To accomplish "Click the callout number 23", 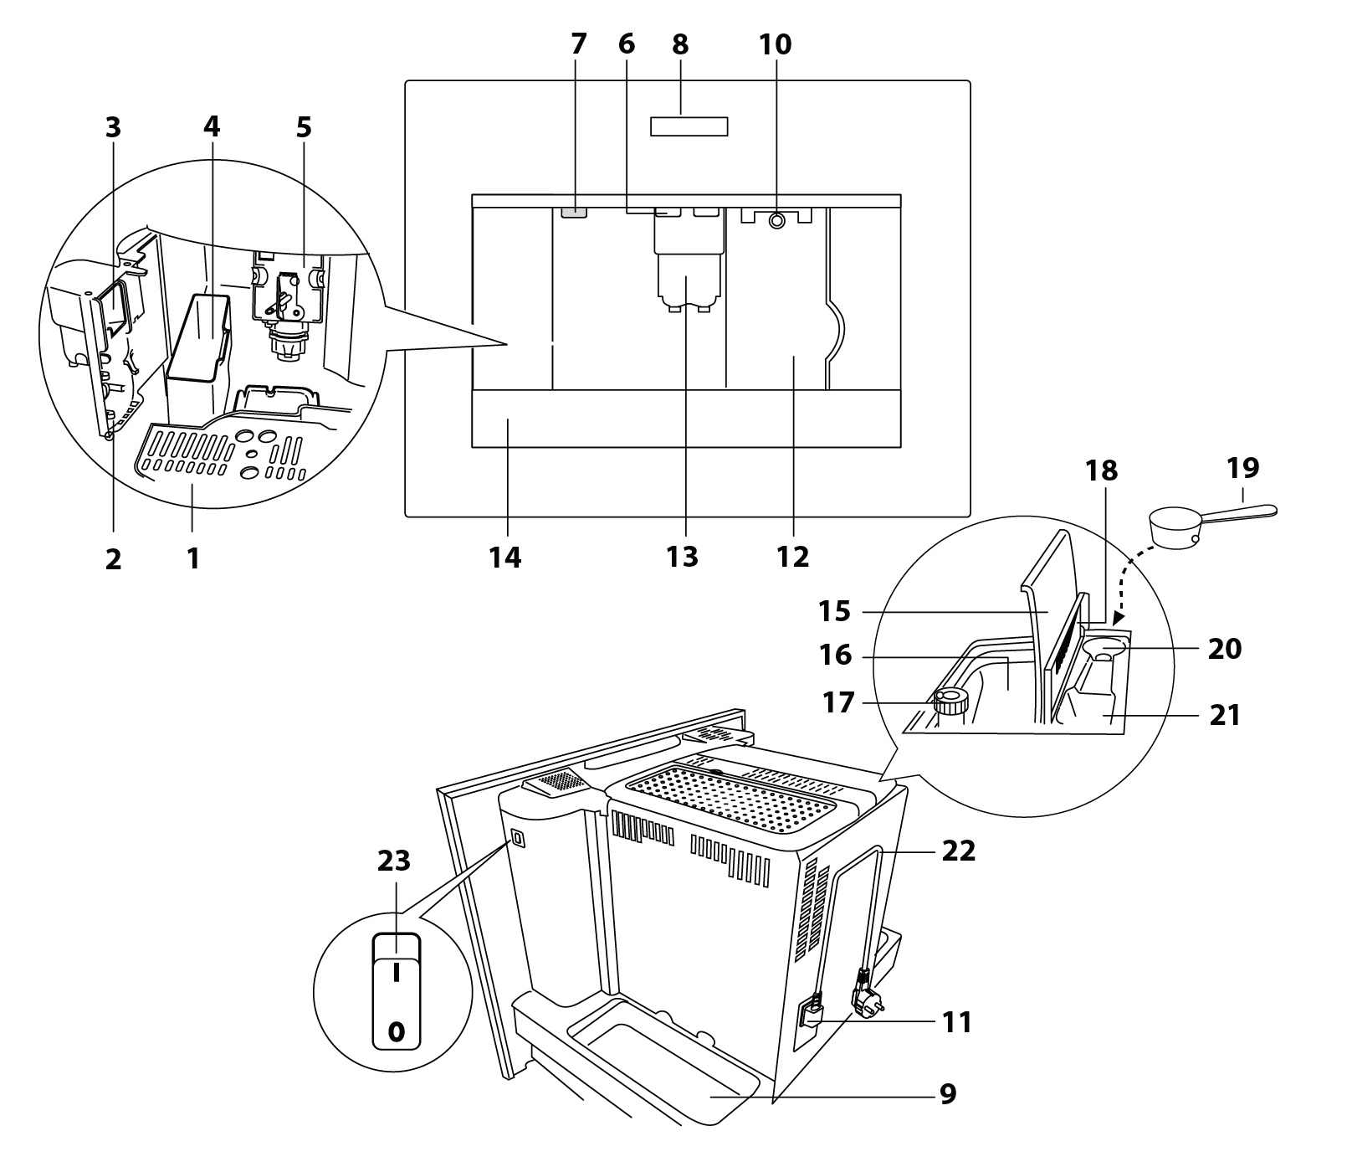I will [394, 860].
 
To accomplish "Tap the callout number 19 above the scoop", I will [1243, 467].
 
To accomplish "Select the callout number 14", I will [506, 558].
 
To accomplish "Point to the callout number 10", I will [775, 44].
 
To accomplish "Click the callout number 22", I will [959, 851].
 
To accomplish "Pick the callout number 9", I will [947, 1093].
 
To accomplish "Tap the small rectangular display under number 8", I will [689, 126].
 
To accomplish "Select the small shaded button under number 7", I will [575, 213].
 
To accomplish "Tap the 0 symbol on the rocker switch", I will [396, 1031].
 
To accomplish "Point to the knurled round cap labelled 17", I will [951, 699].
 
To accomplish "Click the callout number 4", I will [211, 127].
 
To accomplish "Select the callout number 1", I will [193, 558].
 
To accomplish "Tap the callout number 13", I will [683, 558].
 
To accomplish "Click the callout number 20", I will [1225, 649].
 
